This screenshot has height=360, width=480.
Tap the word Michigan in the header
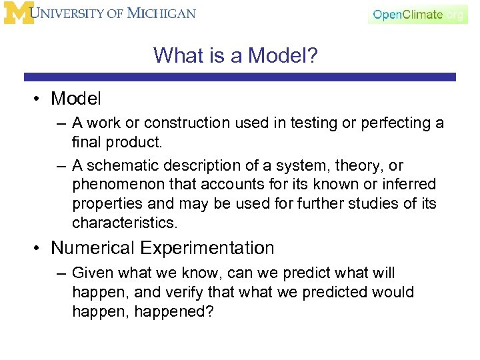163,13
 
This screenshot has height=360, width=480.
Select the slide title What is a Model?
235,55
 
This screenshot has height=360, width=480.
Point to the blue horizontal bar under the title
240,77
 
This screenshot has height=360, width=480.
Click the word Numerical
93,248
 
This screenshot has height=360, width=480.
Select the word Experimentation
207,248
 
